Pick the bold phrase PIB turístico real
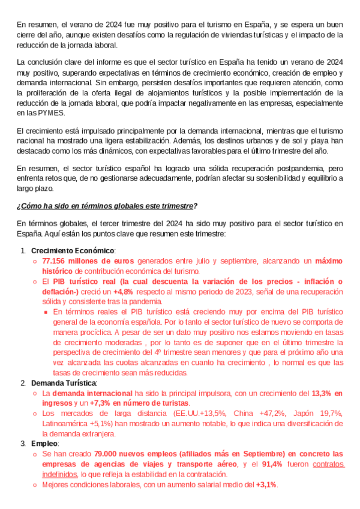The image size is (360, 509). coord(83,282)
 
